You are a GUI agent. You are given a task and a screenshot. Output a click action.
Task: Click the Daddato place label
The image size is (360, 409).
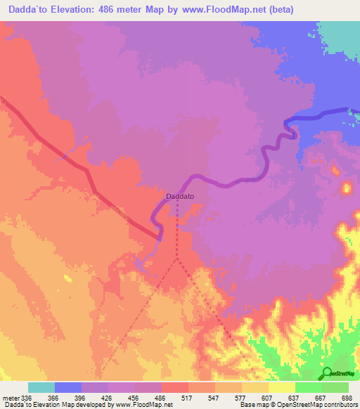(179, 197)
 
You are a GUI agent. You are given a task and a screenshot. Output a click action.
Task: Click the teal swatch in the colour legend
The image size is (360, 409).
(41, 387)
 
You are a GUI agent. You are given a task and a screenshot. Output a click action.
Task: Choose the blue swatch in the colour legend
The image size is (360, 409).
(68, 387)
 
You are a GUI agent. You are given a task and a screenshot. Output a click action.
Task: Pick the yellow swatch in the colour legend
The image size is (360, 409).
(281, 387)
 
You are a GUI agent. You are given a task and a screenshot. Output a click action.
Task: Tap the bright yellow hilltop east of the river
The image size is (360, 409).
(346, 188)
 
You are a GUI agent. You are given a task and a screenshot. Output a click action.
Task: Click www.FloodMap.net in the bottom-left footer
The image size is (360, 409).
(139, 405)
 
